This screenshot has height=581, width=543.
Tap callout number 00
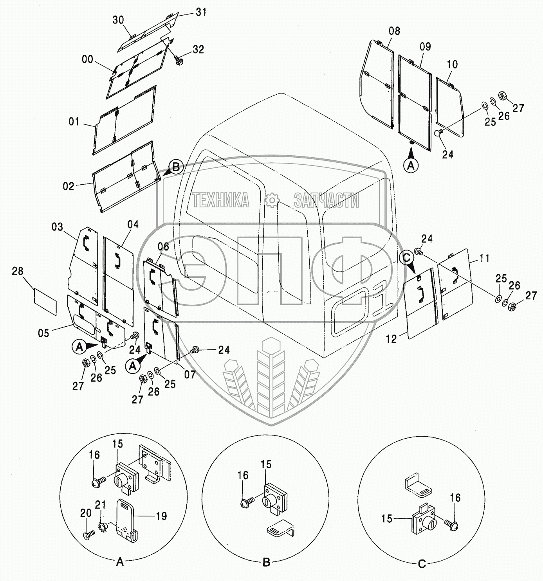point(88,59)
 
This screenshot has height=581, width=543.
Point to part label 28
point(18,271)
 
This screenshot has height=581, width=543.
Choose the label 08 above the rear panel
point(394,31)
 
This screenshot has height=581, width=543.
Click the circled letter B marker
point(176,167)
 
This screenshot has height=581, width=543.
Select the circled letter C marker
point(407,257)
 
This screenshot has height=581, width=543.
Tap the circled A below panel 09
point(411,165)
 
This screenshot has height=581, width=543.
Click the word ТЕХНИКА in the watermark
point(221,200)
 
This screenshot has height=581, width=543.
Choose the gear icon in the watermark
point(271,200)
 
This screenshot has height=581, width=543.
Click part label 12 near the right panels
point(391,339)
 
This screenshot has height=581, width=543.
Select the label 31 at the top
point(201,12)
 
